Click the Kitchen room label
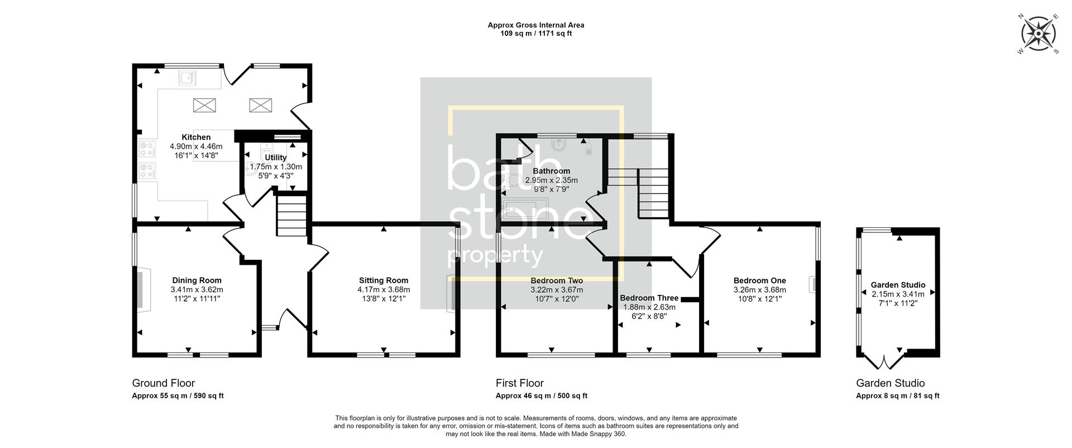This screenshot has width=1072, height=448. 196,137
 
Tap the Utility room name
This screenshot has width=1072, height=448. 275,158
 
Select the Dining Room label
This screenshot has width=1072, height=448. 197,280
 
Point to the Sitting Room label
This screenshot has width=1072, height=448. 384,280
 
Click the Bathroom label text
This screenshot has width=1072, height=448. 551,171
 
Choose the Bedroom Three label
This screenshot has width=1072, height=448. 649,298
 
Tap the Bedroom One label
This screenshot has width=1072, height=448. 759,280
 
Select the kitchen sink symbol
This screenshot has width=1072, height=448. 187,78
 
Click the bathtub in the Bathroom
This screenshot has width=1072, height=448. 525,210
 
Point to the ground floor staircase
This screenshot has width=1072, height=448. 291,215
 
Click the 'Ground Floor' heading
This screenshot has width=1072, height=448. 163,383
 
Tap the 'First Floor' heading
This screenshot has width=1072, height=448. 519,383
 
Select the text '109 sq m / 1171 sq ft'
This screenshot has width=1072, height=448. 535,34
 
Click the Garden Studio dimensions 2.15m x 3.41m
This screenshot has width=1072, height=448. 898,294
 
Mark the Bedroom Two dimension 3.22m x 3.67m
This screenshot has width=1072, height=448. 556,290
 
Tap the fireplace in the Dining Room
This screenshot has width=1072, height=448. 143,289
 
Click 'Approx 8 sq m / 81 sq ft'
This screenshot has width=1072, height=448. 897,395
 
